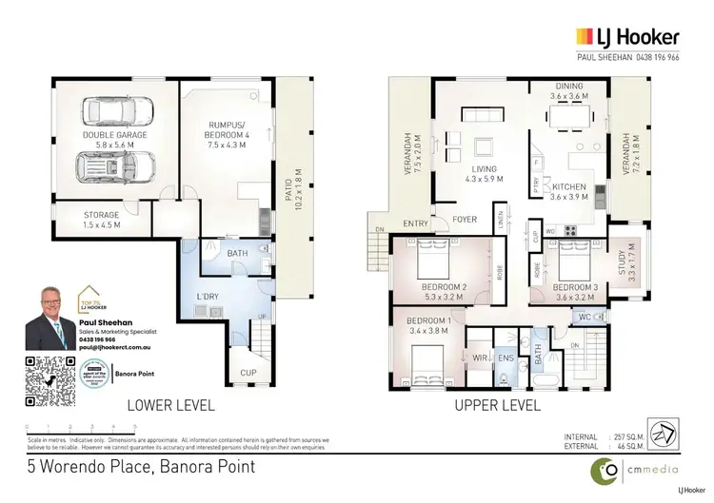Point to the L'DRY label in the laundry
(x=208, y=297)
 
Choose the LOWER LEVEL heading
(x=171, y=404)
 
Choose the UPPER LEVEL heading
(x=499, y=404)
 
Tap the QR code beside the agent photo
(x=49, y=381)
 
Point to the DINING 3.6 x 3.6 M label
(x=576, y=91)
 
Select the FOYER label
(x=464, y=219)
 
